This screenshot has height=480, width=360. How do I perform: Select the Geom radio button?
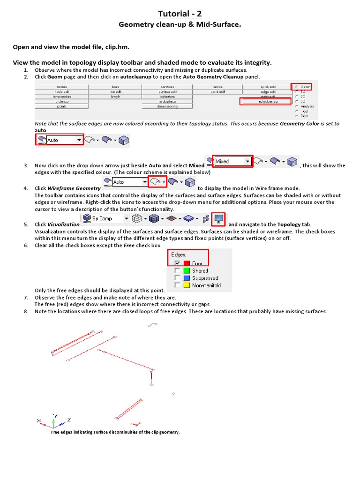[x=297, y=87]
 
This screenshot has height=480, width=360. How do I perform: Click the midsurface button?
[x=167, y=101]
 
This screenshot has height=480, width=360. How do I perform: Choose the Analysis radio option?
[x=297, y=106]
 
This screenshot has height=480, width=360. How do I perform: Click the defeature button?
[x=167, y=97]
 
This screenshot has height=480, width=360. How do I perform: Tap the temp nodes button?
[x=62, y=97]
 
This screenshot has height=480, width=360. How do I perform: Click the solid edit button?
[x=218, y=92]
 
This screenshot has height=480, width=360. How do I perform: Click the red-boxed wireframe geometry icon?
[x=157, y=182]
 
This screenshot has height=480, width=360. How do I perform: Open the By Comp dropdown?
[x=106, y=218]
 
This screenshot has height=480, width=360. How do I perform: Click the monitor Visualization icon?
[x=218, y=218]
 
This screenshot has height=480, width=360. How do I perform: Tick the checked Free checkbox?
[x=177, y=263]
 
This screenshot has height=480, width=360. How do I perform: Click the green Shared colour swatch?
[x=187, y=270]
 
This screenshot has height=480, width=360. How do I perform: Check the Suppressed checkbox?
[x=177, y=278]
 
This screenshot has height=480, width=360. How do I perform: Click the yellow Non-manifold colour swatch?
[x=187, y=285]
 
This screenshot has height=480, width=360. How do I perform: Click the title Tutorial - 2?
[x=180, y=14]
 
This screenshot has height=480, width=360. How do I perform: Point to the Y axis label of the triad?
[x=56, y=415]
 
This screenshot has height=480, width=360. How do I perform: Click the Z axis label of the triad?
[x=69, y=420]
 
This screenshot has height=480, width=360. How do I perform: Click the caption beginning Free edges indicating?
[x=115, y=432]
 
